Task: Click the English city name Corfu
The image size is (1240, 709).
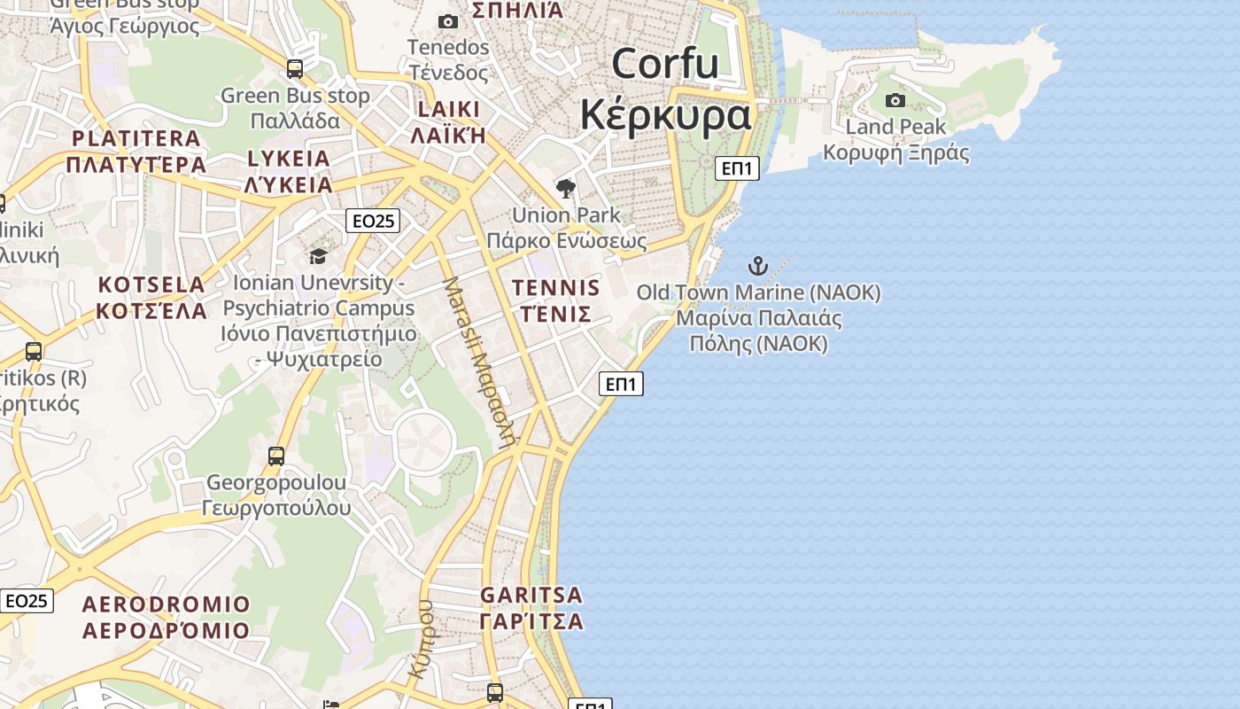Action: [x=664, y=64]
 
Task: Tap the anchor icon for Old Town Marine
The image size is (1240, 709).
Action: [x=757, y=265]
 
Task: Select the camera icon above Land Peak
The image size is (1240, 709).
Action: [x=895, y=100]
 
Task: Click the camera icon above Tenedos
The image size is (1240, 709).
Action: [x=448, y=21]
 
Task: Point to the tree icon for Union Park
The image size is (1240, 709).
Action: [x=566, y=188]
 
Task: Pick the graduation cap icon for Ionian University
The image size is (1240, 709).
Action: [x=318, y=256]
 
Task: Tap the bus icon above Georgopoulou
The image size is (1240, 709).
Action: [x=276, y=456]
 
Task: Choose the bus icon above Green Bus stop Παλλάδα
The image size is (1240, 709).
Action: [x=295, y=68]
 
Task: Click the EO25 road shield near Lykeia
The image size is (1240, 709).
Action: [x=373, y=221]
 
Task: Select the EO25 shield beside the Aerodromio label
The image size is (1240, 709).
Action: [x=26, y=601]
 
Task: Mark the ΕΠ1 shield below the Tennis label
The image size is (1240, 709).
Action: [x=621, y=384]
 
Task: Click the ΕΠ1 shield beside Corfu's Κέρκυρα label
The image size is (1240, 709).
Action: [x=737, y=168]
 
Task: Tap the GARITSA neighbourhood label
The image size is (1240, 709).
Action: [x=531, y=595]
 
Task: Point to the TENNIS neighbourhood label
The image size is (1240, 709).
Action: [x=556, y=288]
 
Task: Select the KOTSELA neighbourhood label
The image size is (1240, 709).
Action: [x=151, y=285]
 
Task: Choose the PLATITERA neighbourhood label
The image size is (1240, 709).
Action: [x=136, y=138]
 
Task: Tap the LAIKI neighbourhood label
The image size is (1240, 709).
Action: [x=448, y=109]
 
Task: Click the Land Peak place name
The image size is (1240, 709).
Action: [x=895, y=127]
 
